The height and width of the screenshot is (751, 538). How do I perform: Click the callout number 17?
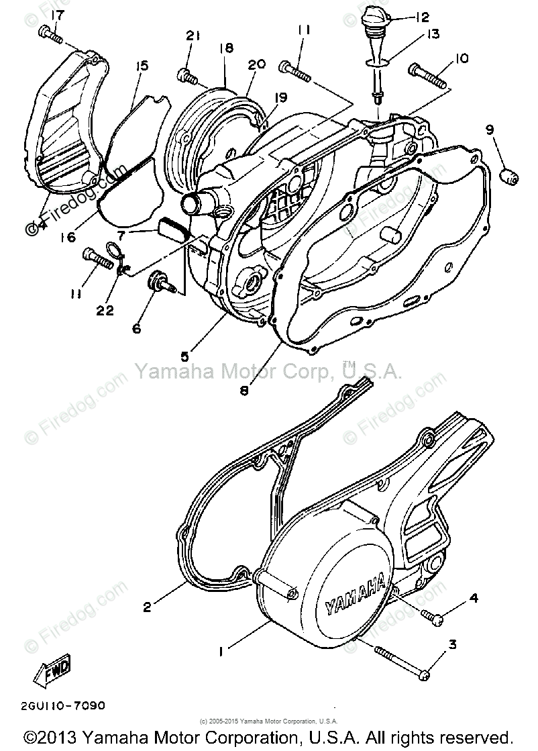coord(58,14)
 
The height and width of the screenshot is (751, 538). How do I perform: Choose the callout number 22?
coord(105,310)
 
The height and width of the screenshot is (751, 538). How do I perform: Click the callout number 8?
coord(245,389)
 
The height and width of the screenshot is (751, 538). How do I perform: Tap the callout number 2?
coord(148,607)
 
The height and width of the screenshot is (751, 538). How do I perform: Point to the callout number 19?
coord(280,97)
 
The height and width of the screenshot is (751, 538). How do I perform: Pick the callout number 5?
coord(183,355)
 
